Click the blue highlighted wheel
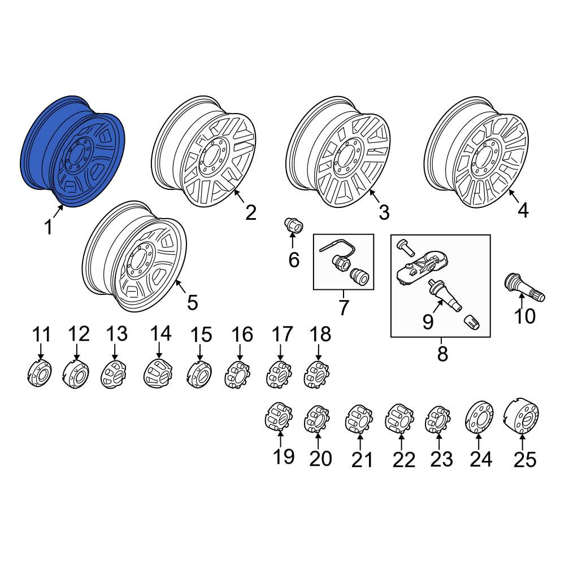(73, 151)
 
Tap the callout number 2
(250, 212)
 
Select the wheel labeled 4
(477, 152)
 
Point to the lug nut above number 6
(294, 225)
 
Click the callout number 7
(343, 307)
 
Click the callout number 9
(428, 321)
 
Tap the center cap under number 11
(40, 373)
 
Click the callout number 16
(242, 334)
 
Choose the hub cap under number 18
(316, 375)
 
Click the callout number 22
(403, 460)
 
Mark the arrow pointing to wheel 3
(375, 197)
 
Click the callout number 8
(442, 354)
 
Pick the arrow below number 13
(115, 351)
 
